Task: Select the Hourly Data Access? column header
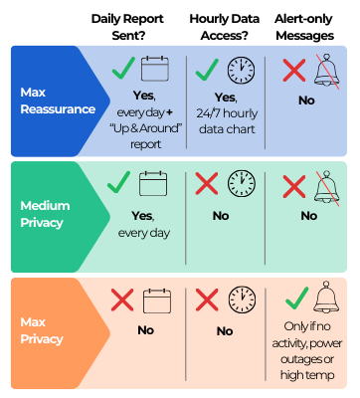click(223, 27)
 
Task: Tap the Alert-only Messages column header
click(309, 27)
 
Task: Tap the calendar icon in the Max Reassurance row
click(154, 70)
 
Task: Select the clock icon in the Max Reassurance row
click(241, 70)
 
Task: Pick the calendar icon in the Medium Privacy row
click(154, 183)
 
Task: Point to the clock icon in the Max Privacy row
click(241, 298)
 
